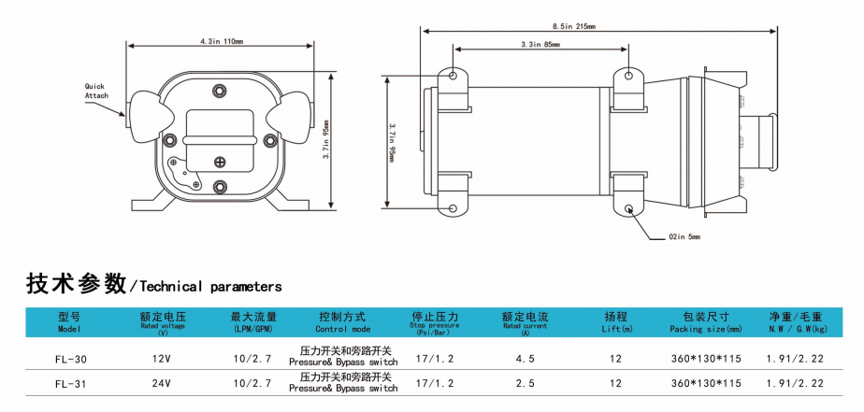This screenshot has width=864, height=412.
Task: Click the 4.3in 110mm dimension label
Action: (222, 41)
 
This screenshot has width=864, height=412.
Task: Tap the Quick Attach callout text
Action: (97, 91)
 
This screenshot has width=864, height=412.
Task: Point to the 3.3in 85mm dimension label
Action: (540, 45)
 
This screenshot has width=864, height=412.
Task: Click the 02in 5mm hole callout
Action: (684, 236)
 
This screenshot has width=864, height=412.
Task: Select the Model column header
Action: (71, 322)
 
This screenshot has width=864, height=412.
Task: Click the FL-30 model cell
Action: (71, 358)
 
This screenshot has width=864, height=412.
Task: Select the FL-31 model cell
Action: (71, 383)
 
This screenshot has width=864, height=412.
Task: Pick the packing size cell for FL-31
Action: (706, 383)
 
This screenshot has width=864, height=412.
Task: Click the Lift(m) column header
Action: (617, 322)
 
